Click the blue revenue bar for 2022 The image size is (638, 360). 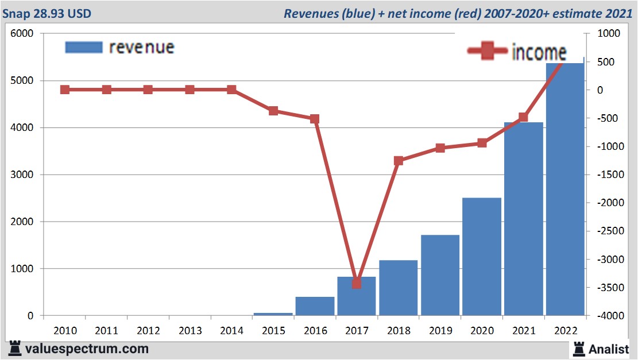565,189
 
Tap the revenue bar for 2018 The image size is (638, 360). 398,288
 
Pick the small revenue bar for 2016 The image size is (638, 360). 315,306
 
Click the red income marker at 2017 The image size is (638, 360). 357,283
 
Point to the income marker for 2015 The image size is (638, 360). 273,111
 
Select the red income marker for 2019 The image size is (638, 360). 440,148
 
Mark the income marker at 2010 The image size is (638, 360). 65,90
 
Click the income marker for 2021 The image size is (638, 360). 523,118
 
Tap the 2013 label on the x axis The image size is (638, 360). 190,331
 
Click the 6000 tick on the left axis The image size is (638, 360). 22,34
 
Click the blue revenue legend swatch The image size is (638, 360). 83,47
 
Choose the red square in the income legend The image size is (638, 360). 488,51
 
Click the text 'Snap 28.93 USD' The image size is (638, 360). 46,13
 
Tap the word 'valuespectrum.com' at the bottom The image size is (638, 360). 87,349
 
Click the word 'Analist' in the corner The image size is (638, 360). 609,349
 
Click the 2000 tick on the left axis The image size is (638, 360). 22,222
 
